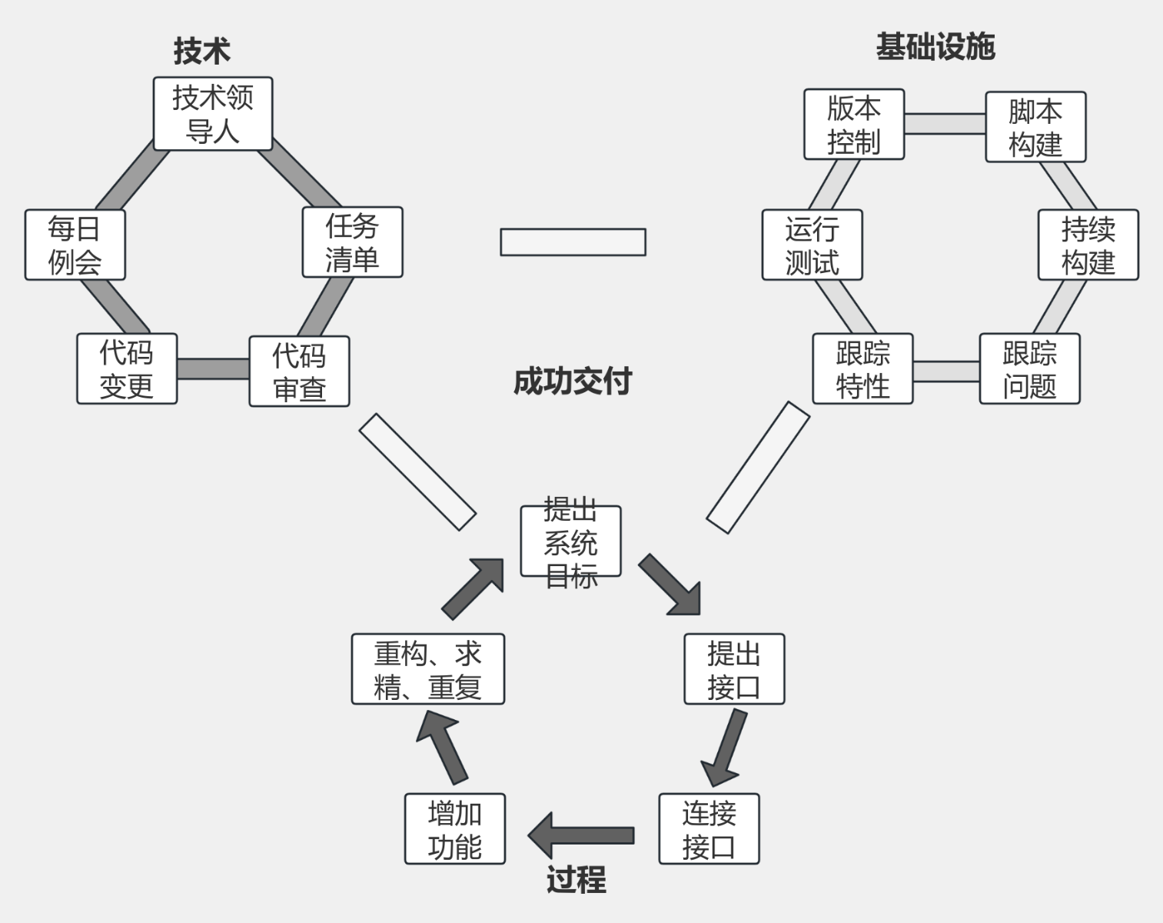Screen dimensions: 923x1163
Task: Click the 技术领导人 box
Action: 213,114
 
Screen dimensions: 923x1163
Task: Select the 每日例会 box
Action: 75,245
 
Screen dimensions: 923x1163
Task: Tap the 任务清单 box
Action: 352,242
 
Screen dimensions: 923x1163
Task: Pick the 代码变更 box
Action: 127,368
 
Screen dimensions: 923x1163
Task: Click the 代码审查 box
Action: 299,372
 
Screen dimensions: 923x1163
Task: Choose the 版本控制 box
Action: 854,125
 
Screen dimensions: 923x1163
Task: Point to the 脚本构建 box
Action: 1035,127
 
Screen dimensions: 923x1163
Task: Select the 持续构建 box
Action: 1088,245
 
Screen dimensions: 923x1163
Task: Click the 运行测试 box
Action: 812,245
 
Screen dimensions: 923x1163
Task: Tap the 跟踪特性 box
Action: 862,368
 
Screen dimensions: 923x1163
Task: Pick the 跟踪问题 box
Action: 1029,368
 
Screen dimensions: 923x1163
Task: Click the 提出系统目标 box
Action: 570,541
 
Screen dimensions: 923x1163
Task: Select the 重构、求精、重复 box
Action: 427,669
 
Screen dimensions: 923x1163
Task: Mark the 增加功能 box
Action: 454,829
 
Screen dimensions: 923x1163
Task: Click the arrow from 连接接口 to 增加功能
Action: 581,835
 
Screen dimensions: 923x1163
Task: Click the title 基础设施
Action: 935,47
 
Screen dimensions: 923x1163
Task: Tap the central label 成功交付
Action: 572,382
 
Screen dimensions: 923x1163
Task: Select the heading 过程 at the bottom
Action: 576,880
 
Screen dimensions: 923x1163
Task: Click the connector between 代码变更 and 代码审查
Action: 213,369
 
